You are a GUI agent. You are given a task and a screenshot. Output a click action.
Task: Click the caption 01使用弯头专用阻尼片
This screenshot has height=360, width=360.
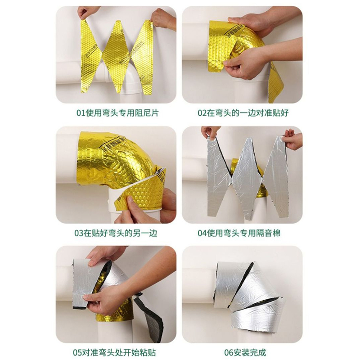pos(117,113)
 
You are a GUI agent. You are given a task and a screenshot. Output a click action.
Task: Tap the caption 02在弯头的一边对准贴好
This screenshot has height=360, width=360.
pos(243,113)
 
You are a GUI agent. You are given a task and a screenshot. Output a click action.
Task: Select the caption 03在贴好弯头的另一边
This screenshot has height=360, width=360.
pos(116,233)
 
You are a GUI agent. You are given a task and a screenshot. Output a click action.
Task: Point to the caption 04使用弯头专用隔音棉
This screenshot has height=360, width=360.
pos(239,233)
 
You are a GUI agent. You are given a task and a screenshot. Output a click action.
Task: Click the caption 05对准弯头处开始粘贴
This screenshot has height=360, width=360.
pos(114,352)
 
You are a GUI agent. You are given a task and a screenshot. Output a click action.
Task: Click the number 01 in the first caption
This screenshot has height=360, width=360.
pos(81,113)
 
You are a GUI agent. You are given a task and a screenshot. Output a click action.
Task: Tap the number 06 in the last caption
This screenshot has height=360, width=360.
pos(229,353)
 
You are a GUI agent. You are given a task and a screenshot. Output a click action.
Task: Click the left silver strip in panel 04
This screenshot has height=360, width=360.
pos(218,177)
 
